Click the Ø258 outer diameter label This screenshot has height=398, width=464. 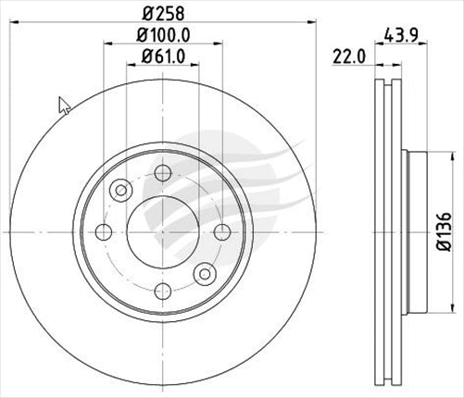point(163,15)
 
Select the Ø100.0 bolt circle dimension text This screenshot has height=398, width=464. point(163,36)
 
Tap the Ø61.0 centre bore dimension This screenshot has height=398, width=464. point(163,57)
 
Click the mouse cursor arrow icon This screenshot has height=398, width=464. point(64,105)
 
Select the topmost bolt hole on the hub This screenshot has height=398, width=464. point(163,172)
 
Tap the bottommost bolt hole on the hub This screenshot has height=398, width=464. point(163,290)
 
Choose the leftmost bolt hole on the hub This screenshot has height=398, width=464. point(104,230)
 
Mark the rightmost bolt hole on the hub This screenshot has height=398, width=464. point(222,230)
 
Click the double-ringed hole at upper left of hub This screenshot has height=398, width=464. point(120,190)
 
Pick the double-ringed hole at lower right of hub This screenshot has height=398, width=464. point(206,272)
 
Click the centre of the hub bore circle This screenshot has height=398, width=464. point(163,230)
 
